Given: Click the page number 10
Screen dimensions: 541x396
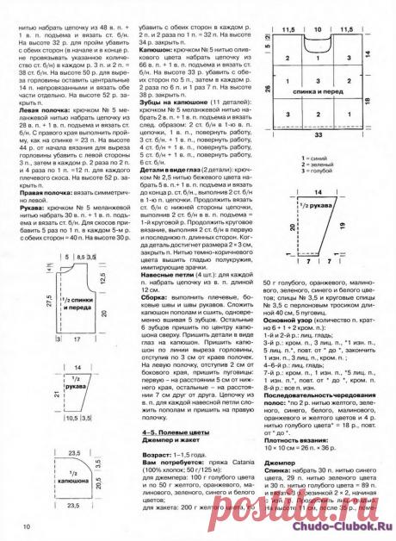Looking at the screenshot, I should [x=27, y=525].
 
